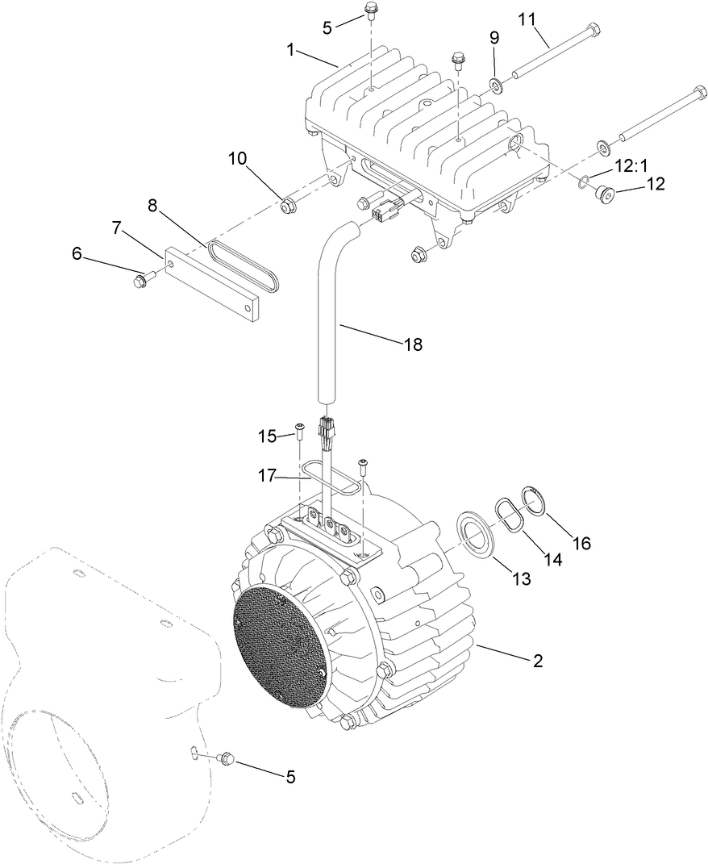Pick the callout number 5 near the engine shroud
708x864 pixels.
coord(289,776)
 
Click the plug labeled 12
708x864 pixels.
coord(604,193)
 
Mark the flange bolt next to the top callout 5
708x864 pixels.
coord(371,11)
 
